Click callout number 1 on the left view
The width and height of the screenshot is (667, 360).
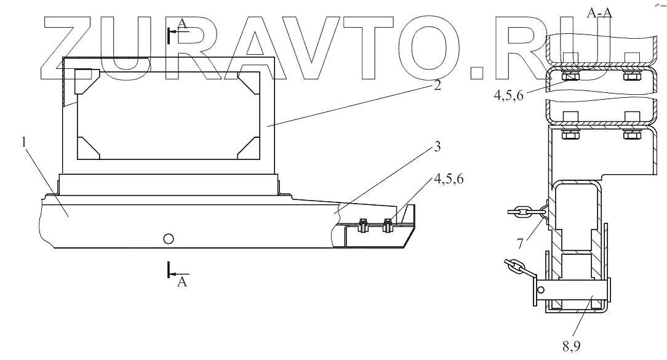coord(23,142)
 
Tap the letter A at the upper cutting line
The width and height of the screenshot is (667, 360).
coord(182,23)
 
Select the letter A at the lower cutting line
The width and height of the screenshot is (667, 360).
coord(182,282)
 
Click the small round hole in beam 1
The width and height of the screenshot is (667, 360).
coord(169,238)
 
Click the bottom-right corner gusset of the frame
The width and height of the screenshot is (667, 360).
coord(250,146)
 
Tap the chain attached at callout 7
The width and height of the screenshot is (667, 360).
coord(523,211)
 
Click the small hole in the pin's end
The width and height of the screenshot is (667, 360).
coord(540,289)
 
